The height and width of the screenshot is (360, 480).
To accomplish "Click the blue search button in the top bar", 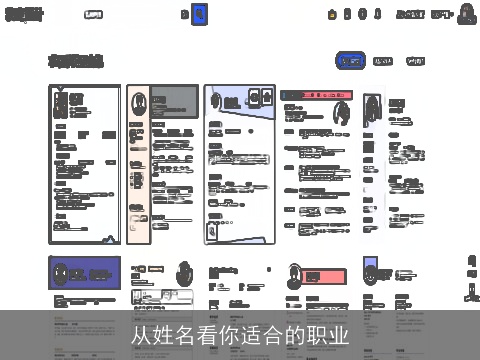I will point(199,14).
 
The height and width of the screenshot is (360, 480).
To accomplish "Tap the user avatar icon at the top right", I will point(466,14).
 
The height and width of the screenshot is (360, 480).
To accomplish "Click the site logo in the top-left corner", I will point(24,14).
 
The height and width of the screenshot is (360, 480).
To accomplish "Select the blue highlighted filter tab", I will point(350,61).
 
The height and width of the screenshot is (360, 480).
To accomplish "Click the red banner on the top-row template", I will point(309,96).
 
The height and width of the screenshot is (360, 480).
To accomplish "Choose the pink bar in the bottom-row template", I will point(326,276).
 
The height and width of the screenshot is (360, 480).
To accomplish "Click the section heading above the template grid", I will point(76,61).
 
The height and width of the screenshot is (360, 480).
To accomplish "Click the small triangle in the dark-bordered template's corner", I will point(59,91).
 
